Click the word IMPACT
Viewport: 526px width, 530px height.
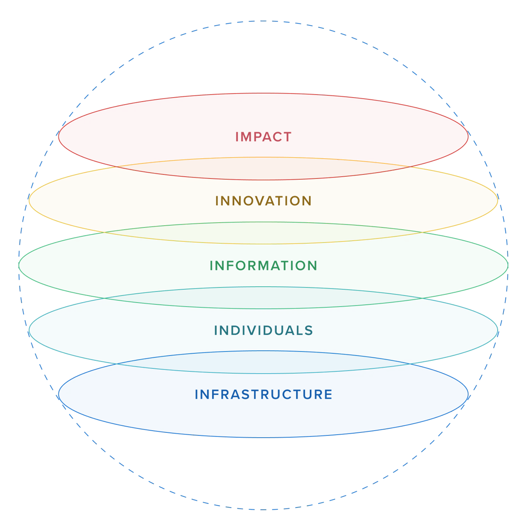(x=263, y=137)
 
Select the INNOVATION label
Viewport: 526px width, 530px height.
(x=263, y=201)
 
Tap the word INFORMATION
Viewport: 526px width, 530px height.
(x=263, y=266)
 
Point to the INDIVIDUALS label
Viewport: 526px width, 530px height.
(x=263, y=330)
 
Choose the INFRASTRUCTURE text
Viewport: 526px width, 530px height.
(x=263, y=394)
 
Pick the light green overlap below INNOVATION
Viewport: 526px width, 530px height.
(x=263, y=233)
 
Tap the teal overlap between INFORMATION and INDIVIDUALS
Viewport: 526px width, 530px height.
(x=263, y=298)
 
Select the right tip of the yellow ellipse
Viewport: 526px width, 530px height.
(x=498, y=201)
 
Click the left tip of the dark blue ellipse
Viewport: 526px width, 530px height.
(x=59, y=394)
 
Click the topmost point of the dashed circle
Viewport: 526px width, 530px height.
(x=263, y=21)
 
